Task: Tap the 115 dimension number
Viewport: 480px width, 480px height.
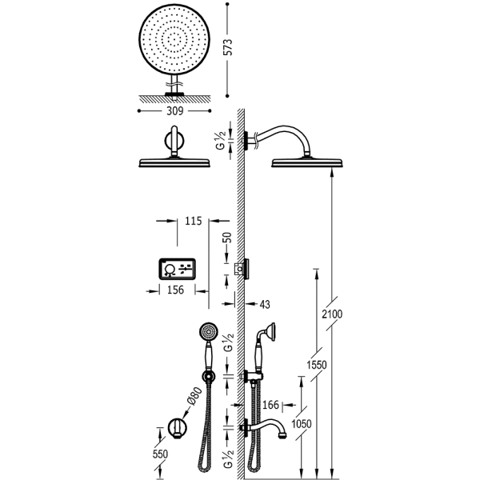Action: pos(190,218)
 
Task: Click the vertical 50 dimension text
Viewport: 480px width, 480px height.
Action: pos(227,238)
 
